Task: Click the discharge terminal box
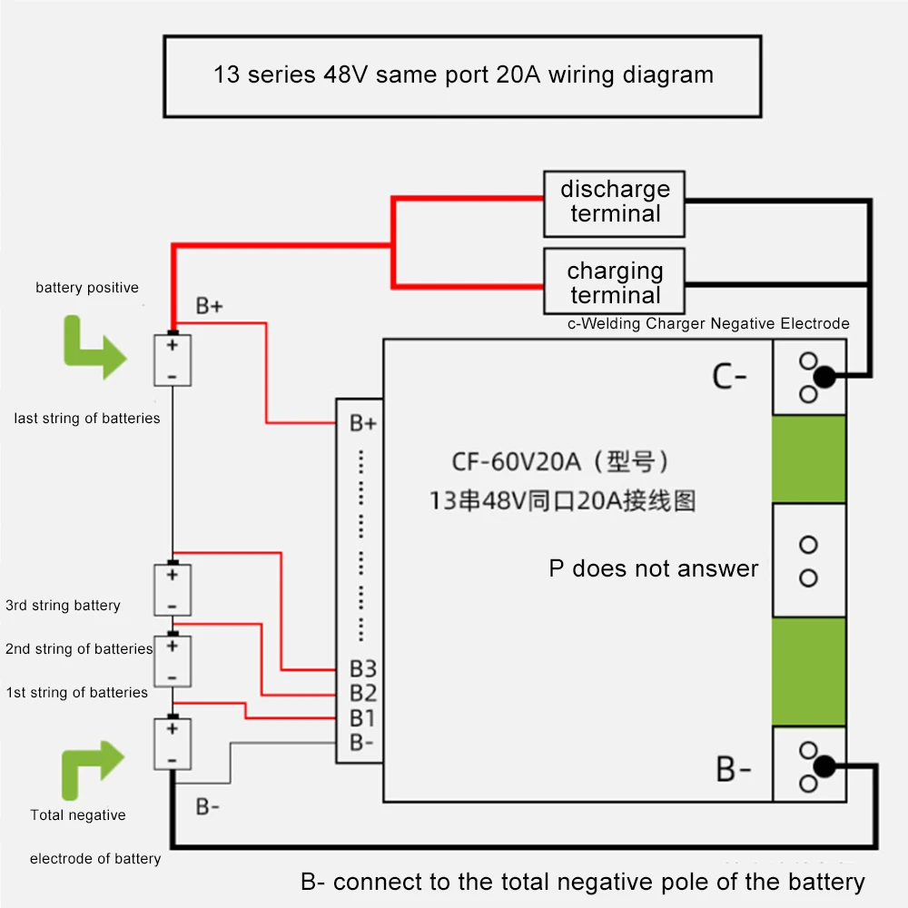(614, 202)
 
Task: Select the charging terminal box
(614, 282)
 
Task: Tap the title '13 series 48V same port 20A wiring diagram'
(462, 74)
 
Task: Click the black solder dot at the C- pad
(824, 377)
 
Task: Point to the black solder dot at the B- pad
(824, 767)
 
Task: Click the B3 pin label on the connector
(363, 669)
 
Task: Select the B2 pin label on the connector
(363, 694)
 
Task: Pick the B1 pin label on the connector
(363, 718)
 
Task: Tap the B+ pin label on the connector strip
(363, 423)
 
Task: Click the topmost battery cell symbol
(173, 360)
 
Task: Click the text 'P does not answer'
(653, 568)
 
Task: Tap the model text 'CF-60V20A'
(516, 462)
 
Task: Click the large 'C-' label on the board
(729, 376)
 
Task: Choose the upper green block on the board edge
(808, 459)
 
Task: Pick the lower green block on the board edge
(808, 672)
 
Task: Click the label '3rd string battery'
(63, 606)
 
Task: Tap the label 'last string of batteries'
(87, 419)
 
